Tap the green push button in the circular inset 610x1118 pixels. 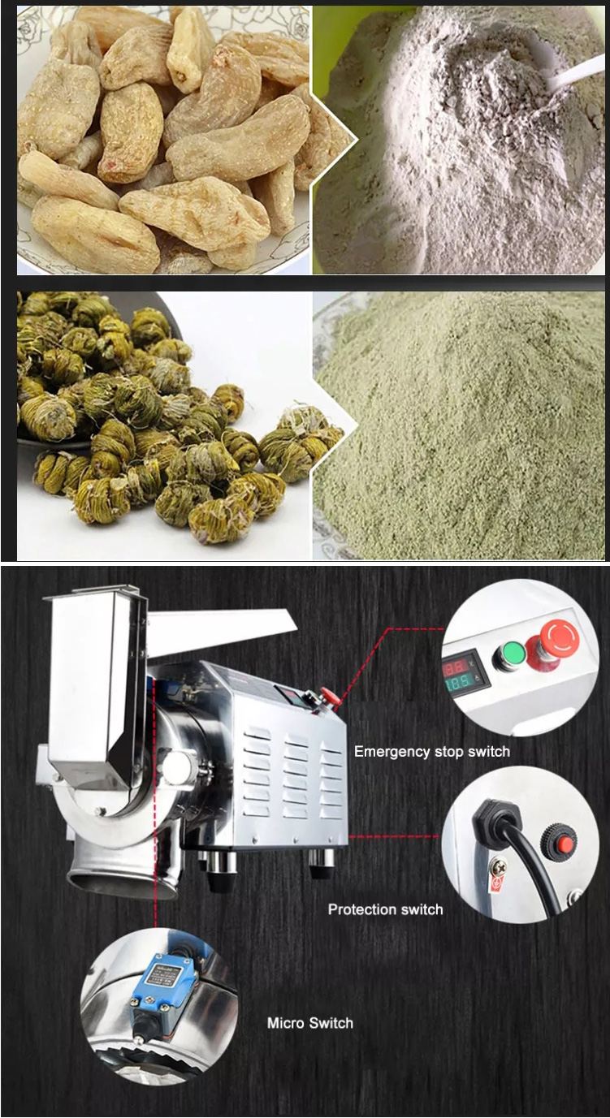(513, 652)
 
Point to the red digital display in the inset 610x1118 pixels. (455, 664)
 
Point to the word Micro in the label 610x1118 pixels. (286, 1023)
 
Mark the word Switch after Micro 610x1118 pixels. (331, 1023)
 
